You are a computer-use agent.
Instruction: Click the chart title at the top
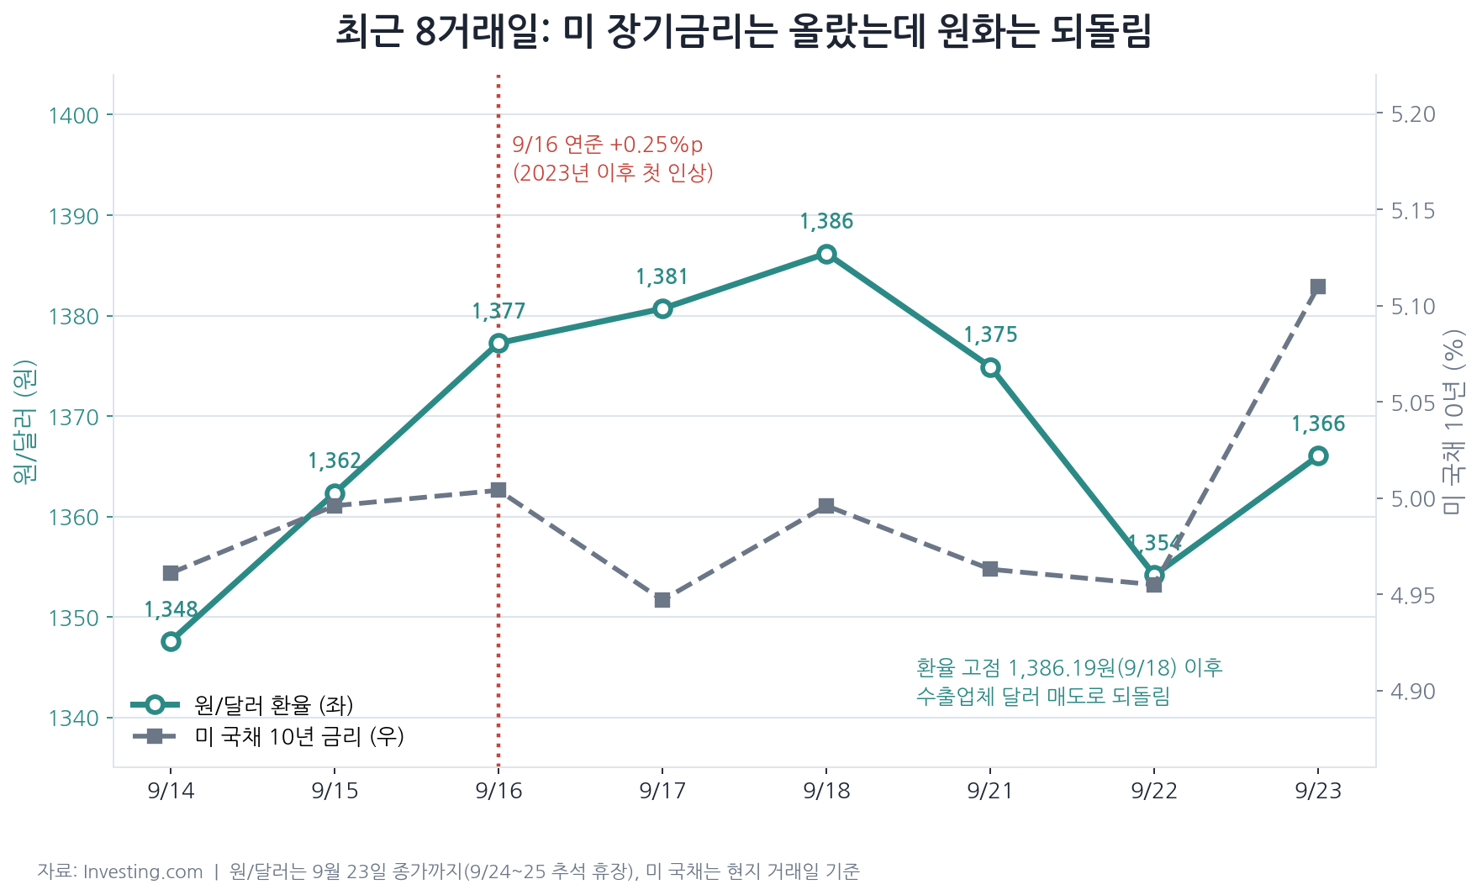click(743, 32)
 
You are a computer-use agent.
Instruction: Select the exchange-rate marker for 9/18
click(826, 254)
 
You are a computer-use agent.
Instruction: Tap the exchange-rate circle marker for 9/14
click(171, 641)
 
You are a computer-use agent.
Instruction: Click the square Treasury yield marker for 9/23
click(1318, 287)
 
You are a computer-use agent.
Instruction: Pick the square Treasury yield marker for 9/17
click(662, 600)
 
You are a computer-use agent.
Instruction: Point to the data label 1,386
click(826, 222)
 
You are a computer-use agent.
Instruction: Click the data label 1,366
click(1318, 424)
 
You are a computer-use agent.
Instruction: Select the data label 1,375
click(990, 335)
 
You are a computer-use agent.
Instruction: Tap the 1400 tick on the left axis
click(74, 115)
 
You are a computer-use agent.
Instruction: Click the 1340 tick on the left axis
click(74, 719)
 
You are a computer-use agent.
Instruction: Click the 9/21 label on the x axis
click(990, 791)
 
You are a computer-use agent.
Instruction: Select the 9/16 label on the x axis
click(498, 791)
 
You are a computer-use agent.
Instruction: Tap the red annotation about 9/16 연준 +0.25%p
click(613, 159)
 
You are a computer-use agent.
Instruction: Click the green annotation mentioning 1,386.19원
click(1069, 682)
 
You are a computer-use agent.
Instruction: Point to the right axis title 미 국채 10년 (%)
click(1453, 421)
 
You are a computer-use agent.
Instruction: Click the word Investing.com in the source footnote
click(143, 871)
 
